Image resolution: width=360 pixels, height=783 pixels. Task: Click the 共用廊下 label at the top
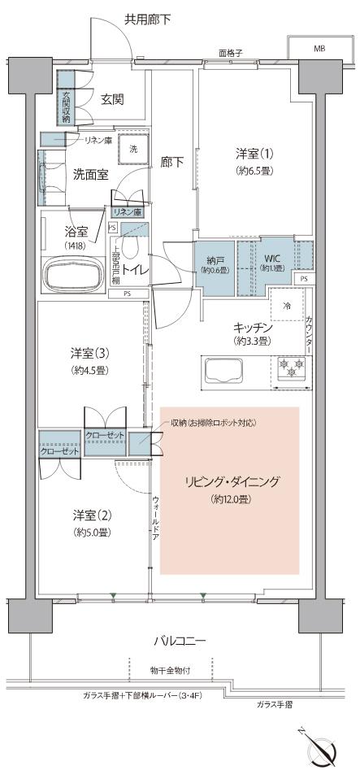tap(148, 18)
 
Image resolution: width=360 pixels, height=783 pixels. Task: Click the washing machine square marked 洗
tap(134, 150)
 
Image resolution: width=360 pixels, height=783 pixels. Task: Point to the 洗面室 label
tap(90, 172)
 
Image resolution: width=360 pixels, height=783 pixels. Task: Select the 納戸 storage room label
tap(215, 262)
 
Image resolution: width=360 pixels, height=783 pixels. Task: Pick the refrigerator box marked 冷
tap(288, 307)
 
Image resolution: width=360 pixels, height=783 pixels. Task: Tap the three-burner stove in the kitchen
tap(288, 370)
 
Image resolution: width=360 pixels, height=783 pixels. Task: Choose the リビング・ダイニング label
tap(231, 482)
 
